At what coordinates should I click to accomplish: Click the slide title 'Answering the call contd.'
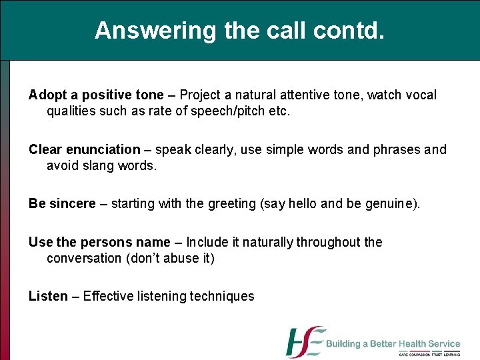point(239,31)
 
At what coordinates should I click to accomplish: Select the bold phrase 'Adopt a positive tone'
point(95,95)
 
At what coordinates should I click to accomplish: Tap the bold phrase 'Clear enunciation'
point(85,150)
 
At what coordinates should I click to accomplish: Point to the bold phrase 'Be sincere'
point(62,204)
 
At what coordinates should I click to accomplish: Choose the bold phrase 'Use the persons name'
point(99,242)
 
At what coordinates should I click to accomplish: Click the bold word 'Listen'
point(48,297)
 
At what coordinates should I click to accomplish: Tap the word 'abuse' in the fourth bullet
point(182,259)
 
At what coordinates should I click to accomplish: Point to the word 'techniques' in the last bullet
point(222,297)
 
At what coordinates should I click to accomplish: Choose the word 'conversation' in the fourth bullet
point(84,259)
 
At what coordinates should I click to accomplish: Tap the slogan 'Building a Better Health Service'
point(393,344)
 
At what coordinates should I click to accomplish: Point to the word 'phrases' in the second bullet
point(397,150)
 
